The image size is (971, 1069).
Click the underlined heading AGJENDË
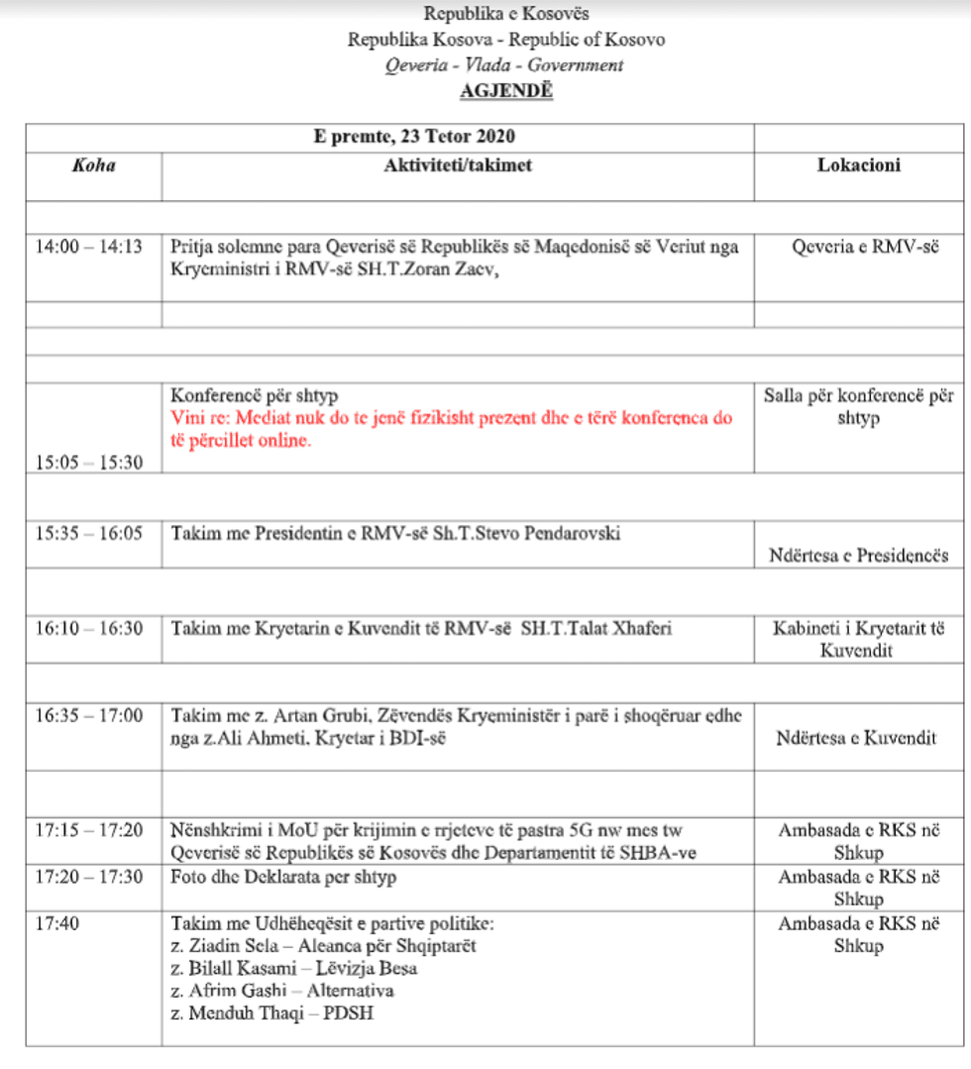pos(505,91)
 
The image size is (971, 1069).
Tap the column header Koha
pos(93,165)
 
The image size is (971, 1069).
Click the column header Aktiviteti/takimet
pos(458,165)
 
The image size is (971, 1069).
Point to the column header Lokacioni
pos(858,165)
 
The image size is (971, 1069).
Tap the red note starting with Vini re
pos(451,429)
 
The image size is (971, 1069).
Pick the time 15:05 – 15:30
pos(89,462)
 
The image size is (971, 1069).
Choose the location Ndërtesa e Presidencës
pos(858,555)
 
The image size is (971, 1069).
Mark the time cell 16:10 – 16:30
pos(89,628)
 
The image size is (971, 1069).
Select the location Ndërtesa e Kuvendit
pos(858,737)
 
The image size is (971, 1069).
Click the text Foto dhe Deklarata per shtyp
pos(283,877)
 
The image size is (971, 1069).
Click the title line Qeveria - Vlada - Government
pos(505,65)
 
